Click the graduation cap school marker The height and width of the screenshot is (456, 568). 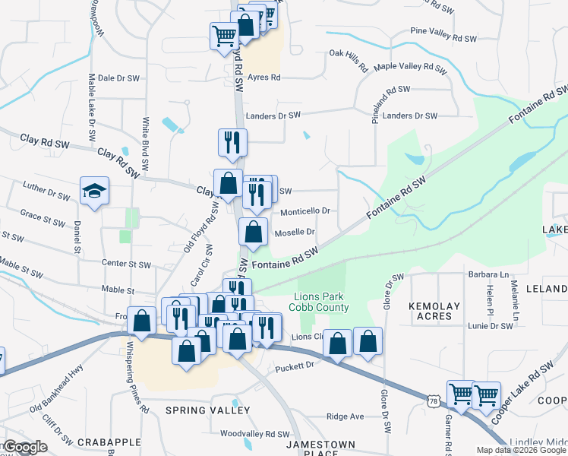[x=95, y=192]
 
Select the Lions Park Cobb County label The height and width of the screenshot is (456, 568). [x=321, y=302]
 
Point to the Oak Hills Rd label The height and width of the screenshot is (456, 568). [x=348, y=54]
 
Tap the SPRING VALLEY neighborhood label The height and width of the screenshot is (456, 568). [x=207, y=410]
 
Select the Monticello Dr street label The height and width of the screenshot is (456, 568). [x=305, y=211]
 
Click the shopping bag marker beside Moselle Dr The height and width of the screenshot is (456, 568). [x=254, y=232]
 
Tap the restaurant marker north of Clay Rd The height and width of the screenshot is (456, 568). [x=232, y=142]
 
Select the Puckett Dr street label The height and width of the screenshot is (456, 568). [x=295, y=366]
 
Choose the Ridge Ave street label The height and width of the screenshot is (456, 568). [x=346, y=416]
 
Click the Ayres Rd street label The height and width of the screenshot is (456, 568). [x=264, y=78]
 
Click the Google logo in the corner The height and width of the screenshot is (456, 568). [x=25, y=447]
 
